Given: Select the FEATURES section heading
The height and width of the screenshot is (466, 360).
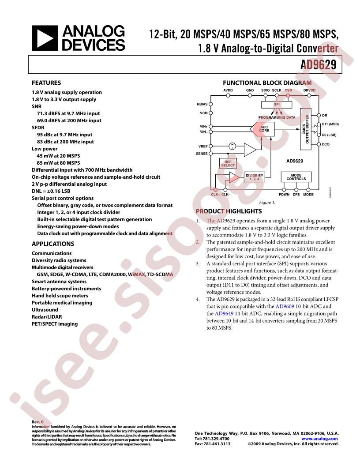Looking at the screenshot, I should pos(46,83).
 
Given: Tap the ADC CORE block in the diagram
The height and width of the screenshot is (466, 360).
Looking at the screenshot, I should pos(264,128).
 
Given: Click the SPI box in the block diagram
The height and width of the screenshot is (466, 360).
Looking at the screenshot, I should pos(277,105).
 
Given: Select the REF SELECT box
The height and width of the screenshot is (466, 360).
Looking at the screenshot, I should pos(228,164).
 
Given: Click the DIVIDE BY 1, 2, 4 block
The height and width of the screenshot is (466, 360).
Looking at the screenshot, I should pos(254,177).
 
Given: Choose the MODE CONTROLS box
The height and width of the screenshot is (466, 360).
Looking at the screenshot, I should pos(296,177).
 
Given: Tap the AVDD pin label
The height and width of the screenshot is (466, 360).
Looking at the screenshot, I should pos(228,90).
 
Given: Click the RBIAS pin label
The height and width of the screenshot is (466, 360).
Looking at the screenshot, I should pos(202,105).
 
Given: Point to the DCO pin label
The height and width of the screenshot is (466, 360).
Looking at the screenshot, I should pos(326,144).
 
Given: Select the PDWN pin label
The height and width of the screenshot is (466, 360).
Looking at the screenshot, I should pos(284,194).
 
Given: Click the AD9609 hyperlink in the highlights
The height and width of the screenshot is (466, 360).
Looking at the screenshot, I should pos(284,306).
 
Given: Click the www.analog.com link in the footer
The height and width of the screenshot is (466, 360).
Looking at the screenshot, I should pos(320,439).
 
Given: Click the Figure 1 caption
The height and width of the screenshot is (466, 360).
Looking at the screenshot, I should pos(267,202).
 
